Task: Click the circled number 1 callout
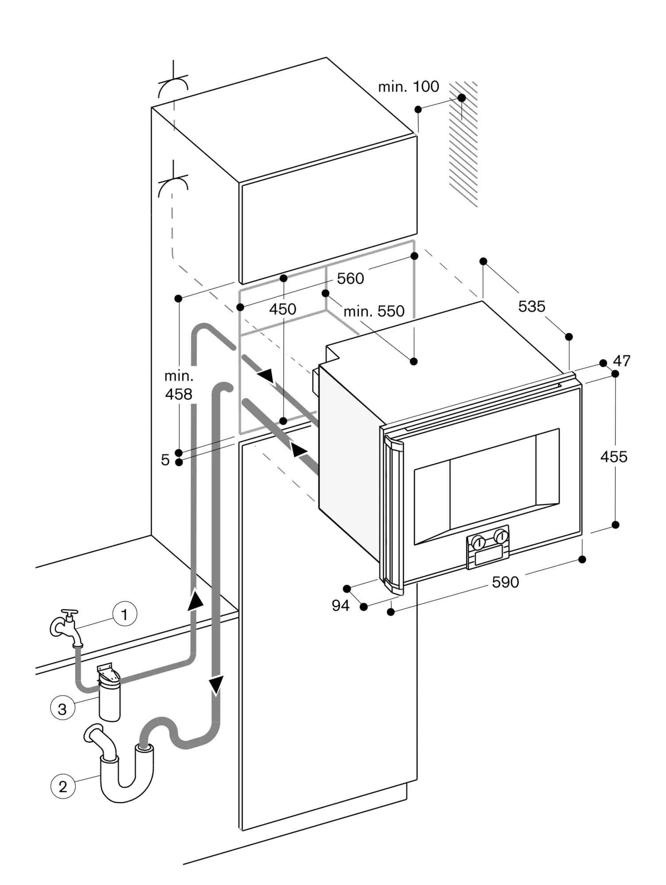point(124,614)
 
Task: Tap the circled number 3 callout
point(62,708)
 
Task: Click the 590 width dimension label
point(505,582)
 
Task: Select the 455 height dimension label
point(614,456)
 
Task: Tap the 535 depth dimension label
point(532,306)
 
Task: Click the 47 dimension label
point(622,361)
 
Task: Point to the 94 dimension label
point(341,605)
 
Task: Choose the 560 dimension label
point(350,278)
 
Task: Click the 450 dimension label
point(283,309)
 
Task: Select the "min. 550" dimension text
point(374,312)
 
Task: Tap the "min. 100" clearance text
point(408,87)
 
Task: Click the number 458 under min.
point(178,394)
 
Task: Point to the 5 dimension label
point(165,460)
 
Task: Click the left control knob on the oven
point(479,542)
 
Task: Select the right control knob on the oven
point(501,536)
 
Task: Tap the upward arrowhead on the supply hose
point(195,600)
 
